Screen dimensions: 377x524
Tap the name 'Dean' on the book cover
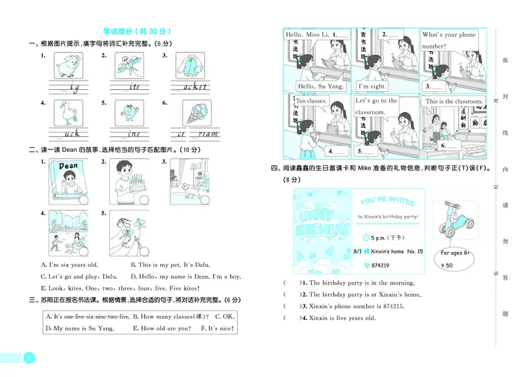[68, 166]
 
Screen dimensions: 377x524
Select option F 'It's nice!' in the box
[217, 328]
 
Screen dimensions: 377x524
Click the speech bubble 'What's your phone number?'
[449, 40]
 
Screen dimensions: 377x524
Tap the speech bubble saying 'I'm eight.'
[372, 86]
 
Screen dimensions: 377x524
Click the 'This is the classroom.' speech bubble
[454, 102]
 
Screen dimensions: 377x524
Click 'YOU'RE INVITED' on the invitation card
[387, 202]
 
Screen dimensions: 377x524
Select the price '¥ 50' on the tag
[447, 266]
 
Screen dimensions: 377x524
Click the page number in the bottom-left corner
[29, 358]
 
